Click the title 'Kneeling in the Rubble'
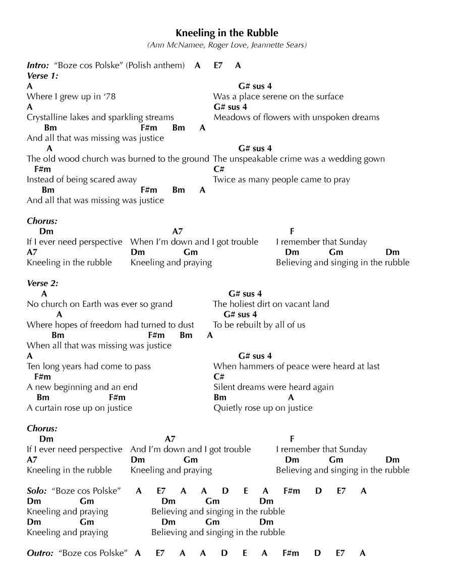point(227,33)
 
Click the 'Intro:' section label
point(38,66)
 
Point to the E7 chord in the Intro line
point(218,66)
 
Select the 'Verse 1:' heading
point(42,76)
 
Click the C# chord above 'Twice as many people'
point(219,169)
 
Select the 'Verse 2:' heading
point(42,284)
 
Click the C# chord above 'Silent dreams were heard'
point(219,377)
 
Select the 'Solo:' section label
point(37,491)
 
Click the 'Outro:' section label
point(40,553)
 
